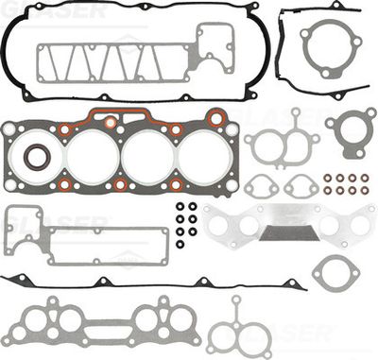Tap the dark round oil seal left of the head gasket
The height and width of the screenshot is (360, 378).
coord(38,156)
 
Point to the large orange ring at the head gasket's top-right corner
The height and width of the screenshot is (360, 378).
coord(216,119)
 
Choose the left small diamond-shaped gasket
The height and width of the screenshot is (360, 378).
coord(260,187)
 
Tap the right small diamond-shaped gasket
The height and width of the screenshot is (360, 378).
coord(301,186)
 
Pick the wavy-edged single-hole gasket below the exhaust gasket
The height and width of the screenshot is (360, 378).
coord(335,274)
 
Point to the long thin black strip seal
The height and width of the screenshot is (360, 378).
coord(142,284)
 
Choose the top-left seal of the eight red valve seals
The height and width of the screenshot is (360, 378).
coord(326,177)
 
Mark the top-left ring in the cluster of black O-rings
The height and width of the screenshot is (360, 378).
coord(180,206)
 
